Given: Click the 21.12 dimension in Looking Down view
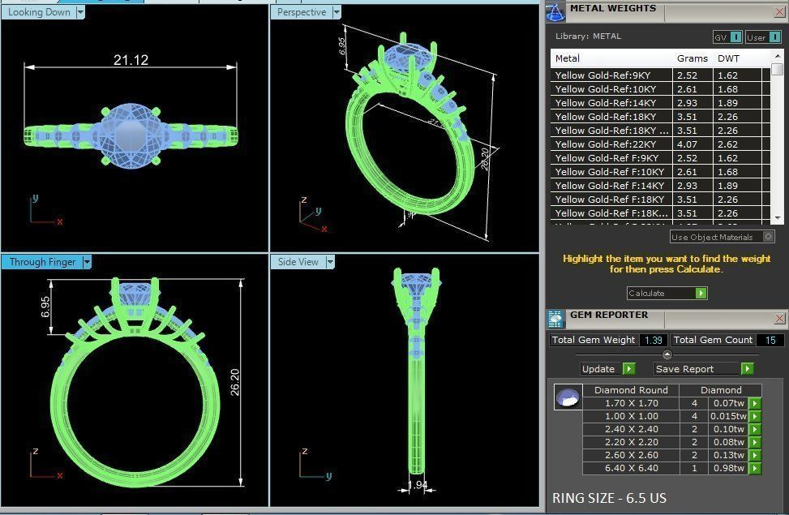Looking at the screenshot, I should click(131, 60).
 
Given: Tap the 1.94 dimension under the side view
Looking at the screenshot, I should click(417, 486).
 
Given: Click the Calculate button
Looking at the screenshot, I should click(667, 293).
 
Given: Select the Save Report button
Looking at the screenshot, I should click(704, 369).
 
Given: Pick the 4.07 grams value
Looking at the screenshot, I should click(687, 144).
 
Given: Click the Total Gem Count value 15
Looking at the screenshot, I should click(770, 340).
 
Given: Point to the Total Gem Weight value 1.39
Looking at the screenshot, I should click(653, 340).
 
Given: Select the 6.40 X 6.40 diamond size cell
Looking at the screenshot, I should click(632, 468).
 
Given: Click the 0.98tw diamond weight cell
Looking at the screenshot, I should click(727, 468).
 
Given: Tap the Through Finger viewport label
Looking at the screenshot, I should click(42, 262).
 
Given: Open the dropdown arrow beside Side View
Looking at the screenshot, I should click(330, 262).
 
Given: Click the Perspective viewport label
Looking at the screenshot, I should click(301, 12).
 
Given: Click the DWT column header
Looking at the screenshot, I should click(728, 58).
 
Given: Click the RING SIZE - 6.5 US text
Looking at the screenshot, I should click(609, 498).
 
